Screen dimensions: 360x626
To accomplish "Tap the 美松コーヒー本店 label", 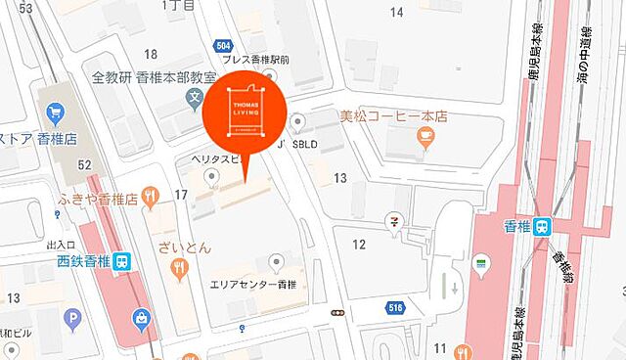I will tap(393, 115).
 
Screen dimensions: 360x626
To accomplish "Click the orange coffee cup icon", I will tap(424, 139).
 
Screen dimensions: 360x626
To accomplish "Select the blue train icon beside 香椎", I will tap(551, 224).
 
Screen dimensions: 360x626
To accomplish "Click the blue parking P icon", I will tap(73, 319).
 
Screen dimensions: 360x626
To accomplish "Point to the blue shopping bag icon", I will tap(143, 317).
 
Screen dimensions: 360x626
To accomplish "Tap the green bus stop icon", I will tap(479, 263).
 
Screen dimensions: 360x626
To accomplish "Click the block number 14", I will tap(397, 12).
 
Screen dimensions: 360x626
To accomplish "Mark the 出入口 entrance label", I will tap(60, 243).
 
